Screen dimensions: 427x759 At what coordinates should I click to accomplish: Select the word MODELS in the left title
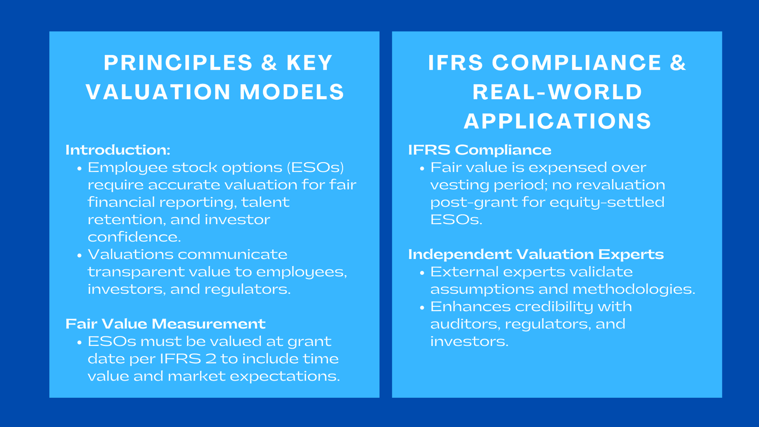292,92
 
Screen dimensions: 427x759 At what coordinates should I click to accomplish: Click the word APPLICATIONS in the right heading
557,121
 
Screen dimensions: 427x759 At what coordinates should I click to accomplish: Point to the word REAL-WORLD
557,92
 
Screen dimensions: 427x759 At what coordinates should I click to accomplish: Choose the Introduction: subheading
118,150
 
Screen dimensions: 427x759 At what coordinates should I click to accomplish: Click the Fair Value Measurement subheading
165,324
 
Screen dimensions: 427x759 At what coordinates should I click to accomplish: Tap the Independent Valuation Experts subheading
536,254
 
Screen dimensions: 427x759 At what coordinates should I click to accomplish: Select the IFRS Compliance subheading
480,150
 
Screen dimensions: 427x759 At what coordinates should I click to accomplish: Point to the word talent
265,202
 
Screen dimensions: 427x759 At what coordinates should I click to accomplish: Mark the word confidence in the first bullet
134,237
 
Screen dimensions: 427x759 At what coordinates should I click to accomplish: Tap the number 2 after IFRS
211,359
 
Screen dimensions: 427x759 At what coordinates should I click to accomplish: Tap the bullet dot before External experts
422,273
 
